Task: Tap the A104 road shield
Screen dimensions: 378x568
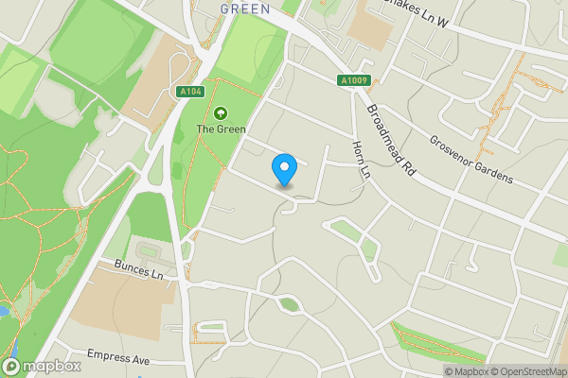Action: pyautogui.click(x=190, y=91)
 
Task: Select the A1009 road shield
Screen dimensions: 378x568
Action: pyautogui.click(x=351, y=81)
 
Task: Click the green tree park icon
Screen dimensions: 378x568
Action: pyautogui.click(x=221, y=112)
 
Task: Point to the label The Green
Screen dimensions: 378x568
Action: pyautogui.click(x=221, y=129)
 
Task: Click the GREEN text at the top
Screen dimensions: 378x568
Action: pyautogui.click(x=245, y=8)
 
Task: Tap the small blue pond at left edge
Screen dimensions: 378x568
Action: pyautogui.click(x=4, y=310)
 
